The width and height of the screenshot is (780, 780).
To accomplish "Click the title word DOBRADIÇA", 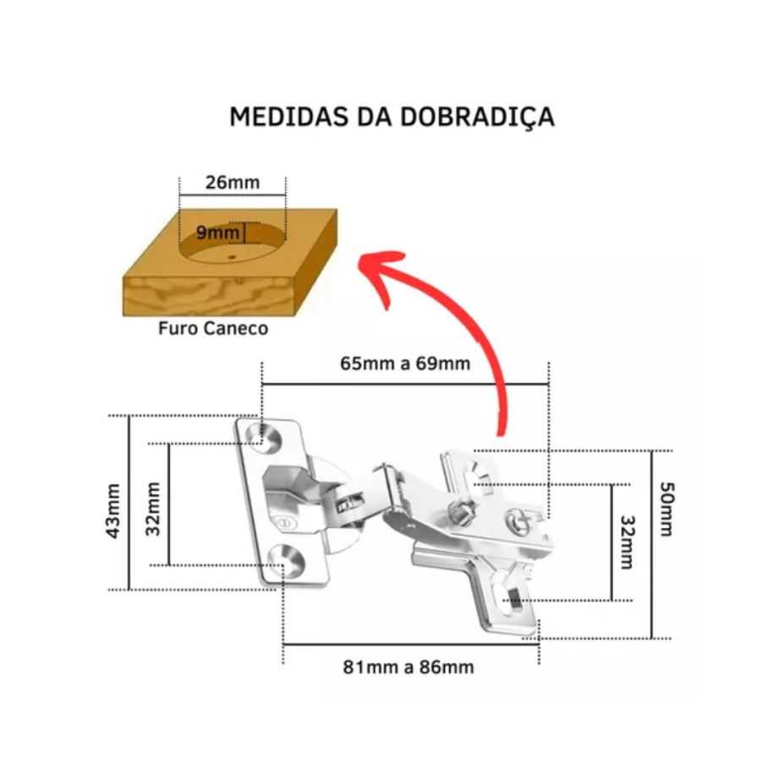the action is pyautogui.click(x=477, y=117).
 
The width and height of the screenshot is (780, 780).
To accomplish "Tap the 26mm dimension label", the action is pyautogui.click(x=233, y=183).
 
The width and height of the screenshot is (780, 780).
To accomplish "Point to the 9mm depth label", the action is pyautogui.click(x=217, y=233).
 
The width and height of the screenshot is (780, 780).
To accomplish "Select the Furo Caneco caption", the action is pyautogui.click(x=213, y=328).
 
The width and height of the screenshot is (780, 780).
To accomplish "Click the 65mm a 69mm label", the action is pyautogui.click(x=405, y=364).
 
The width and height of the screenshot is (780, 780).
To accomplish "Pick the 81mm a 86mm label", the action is pyautogui.click(x=409, y=667).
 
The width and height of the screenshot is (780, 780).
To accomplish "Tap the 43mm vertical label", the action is pyautogui.click(x=113, y=511).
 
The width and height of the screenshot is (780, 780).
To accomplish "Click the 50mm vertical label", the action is pyautogui.click(x=667, y=509).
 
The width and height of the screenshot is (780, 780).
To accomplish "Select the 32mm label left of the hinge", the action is pyautogui.click(x=153, y=509).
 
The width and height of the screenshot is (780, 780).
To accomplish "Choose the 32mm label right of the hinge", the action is pyautogui.click(x=628, y=542).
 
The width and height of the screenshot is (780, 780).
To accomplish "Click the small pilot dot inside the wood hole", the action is pyautogui.click(x=231, y=257).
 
